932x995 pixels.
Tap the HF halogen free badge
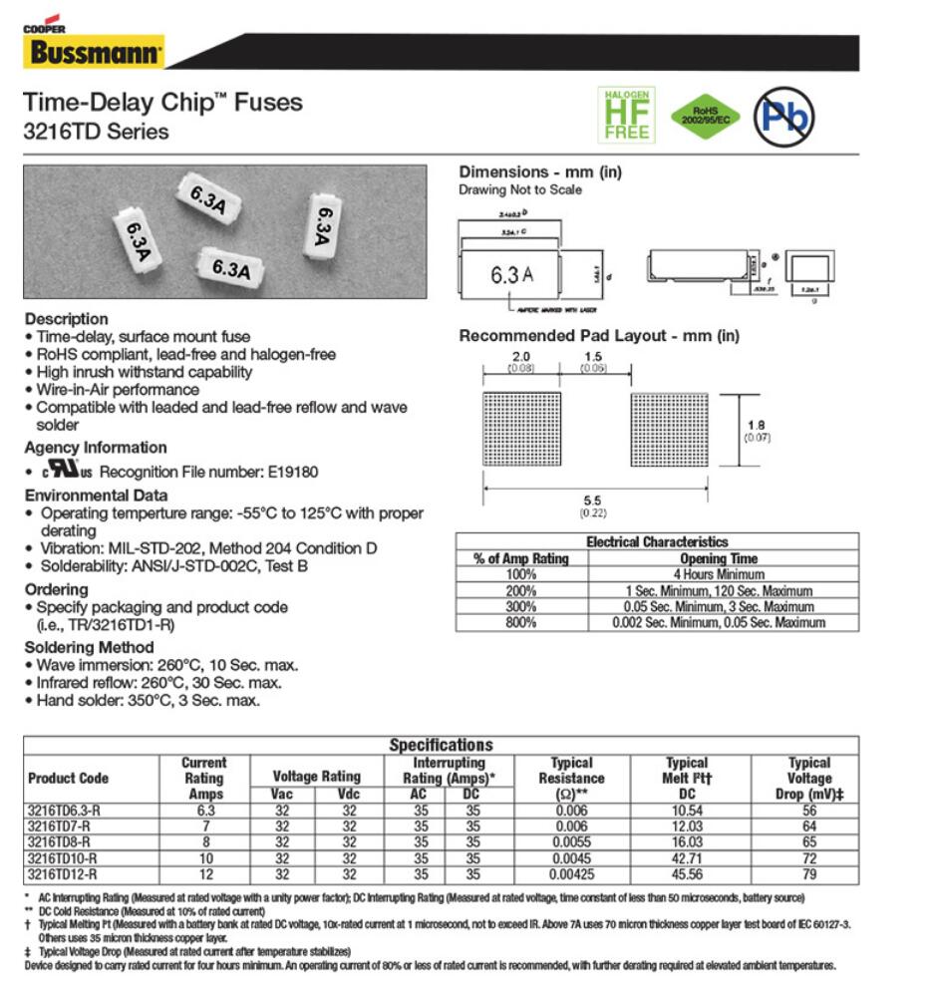click(625, 114)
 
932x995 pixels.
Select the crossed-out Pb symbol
click(783, 115)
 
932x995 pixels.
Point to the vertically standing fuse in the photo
click(321, 226)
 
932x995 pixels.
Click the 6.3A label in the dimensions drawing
click(511, 274)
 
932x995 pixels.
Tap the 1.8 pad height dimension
click(757, 426)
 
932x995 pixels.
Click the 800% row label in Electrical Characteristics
click(520, 622)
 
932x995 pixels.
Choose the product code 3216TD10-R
click(63, 858)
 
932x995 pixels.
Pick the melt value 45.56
click(686, 874)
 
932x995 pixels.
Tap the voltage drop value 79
click(808, 874)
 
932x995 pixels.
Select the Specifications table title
click(441, 745)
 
